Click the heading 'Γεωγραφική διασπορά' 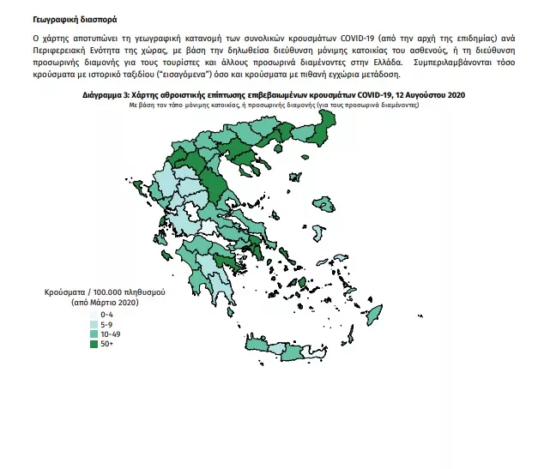pyautogui.click(x=68, y=17)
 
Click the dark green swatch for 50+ pyautogui.click(x=94, y=344)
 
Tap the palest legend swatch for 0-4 pyautogui.click(x=94, y=316)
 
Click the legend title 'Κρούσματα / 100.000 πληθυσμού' pyautogui.click(x=104, y=293)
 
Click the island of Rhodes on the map pyautogui.click(x=376, y=318)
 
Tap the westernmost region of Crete pyautogui.click(x=255, y=345)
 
